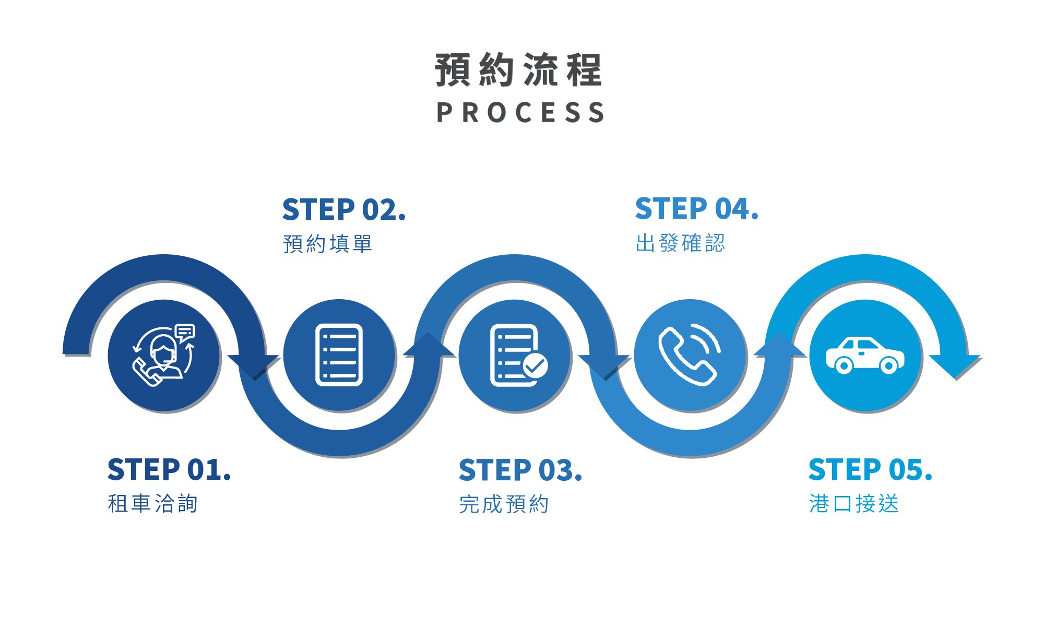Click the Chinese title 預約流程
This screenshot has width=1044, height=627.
click(519, 69)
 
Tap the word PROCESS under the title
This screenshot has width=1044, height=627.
click(520, 113)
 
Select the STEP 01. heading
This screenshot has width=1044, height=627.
click(169, 469)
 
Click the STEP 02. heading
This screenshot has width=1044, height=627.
click(344, 210)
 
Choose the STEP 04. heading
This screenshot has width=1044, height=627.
click(697, 209)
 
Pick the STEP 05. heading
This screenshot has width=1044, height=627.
click(870, 469)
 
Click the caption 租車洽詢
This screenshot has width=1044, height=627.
click(152, 504)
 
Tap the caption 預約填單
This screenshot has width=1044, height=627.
click(327, 244)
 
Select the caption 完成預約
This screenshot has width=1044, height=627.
click(504, 504)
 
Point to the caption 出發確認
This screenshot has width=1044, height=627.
click(680, 243)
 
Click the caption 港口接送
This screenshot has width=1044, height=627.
click(854, 504)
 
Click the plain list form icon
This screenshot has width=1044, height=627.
click(339, 355)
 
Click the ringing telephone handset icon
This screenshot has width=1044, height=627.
click(689, 355)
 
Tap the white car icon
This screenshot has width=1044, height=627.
click(865, 355)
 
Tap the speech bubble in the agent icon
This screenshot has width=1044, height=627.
click(185, 332)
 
